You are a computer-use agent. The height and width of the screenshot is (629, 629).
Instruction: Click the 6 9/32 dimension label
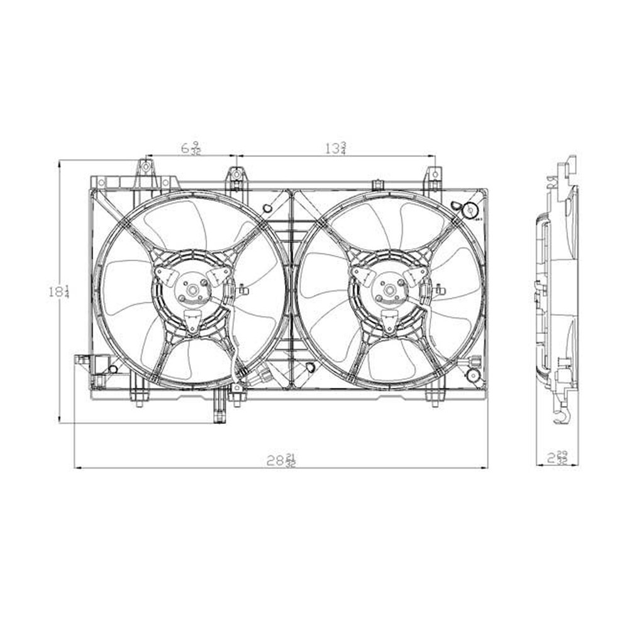click(x=191, y=148)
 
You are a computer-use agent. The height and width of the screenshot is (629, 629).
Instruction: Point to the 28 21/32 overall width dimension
click(x=281, y=460)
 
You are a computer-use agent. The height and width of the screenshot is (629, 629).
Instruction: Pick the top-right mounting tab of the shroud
click(x=433, y=175)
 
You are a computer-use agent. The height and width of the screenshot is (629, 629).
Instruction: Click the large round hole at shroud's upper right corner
click(x=469, y=210)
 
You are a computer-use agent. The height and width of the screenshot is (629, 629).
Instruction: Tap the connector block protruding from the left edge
click(x=82, y=360)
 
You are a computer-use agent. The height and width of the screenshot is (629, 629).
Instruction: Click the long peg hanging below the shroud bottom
click(x=219, y=409)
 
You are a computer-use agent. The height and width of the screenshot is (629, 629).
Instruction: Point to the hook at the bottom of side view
click(x=560, y=415)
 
